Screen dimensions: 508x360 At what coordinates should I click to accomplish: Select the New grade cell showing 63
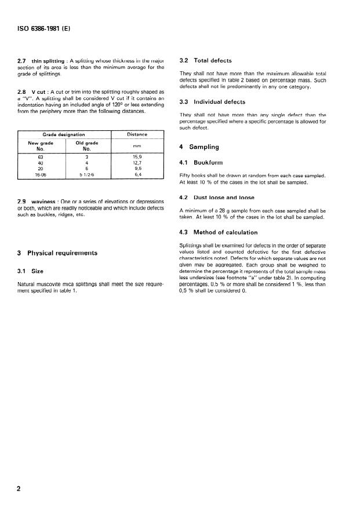(41, 156)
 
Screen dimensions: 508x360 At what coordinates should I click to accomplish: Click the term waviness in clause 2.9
(43, 202)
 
